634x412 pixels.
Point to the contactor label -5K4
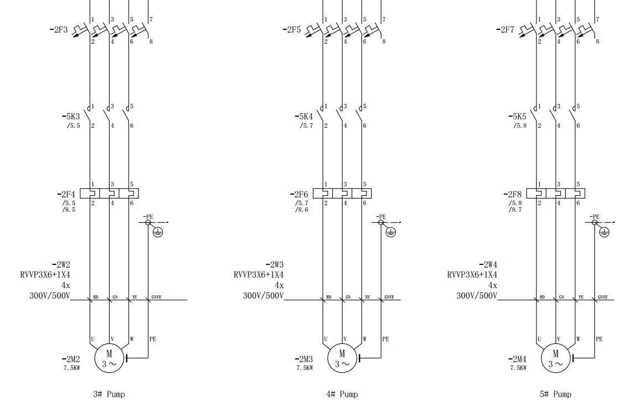pyautogui.click(x=303, y=117)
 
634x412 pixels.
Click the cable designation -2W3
pyautogui.click(x=275, y=264)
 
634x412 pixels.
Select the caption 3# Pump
pyautogui.click(x=109, y=394)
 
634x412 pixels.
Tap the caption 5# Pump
pyautogui.click(x=555, y=394)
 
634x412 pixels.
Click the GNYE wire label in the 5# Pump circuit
pyautogui.click(x=602, y=297)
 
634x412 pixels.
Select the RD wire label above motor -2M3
pyautogui.click(x=328, y=297)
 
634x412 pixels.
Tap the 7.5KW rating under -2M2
pyautogui.click(x=71, y=367)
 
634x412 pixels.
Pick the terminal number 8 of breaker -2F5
pyautogui.click(x=384, y=41)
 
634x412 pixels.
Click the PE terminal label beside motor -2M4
pyautogui.click(x=599, y=339)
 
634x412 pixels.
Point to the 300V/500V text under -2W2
pyautogui.click(x=50, y=296)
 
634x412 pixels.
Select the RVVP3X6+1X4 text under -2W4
pyautogui.click(x=472, y=275)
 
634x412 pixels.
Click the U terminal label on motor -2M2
pyautogui.click(x=92, y=339)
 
